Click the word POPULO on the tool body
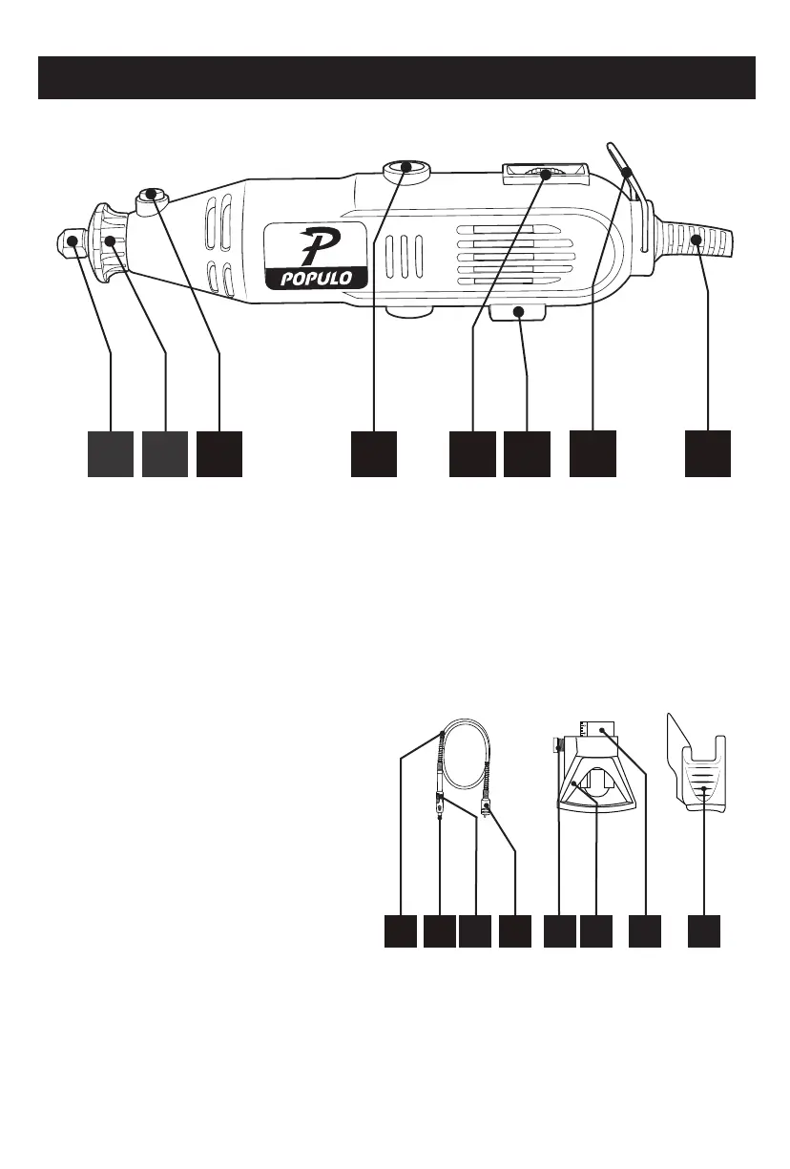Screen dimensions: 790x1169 pos(315,278)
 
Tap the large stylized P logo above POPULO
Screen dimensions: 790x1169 pos(313,245)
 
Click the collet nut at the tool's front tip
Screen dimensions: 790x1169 pos(70,243)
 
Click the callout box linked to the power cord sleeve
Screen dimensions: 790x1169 pos(708,453)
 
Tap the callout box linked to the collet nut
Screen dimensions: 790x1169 pos(111,453)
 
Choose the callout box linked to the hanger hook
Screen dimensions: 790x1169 pos(592,453)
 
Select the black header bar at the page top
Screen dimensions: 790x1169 pos(395,77)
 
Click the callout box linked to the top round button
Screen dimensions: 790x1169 pos(372,453)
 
